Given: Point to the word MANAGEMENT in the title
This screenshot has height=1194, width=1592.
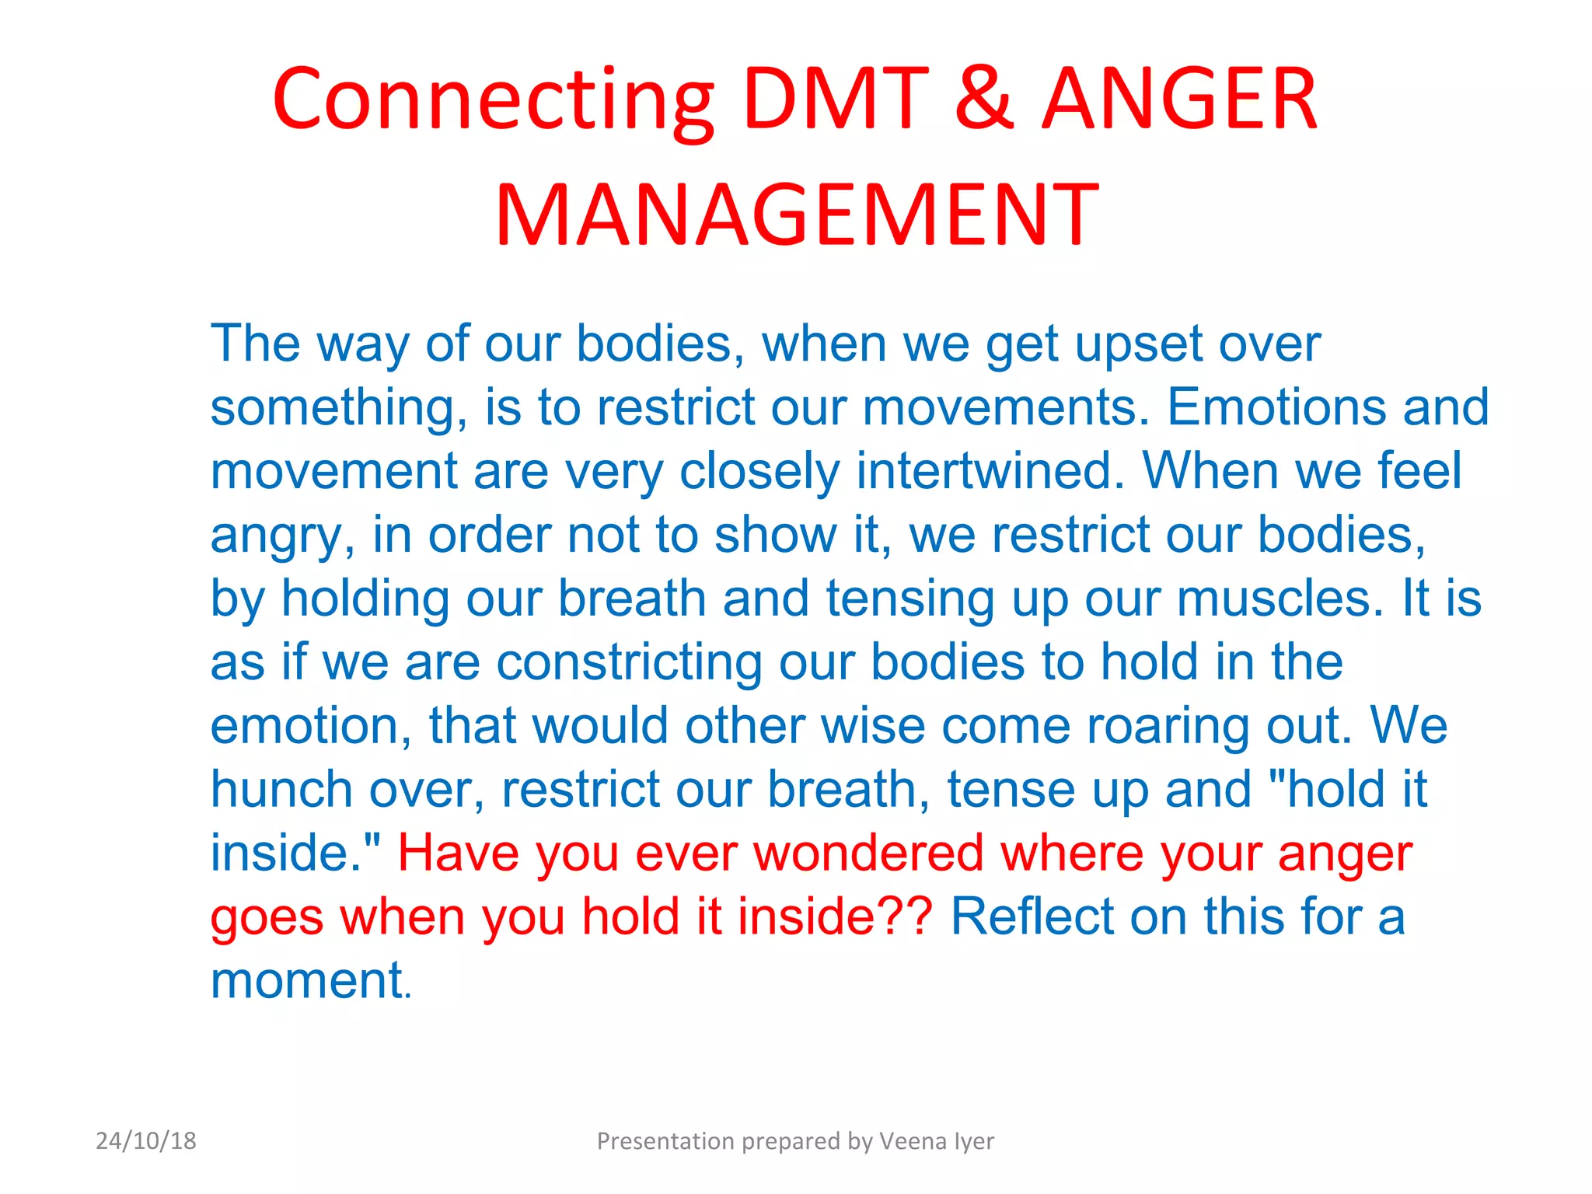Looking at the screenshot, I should [797, 215].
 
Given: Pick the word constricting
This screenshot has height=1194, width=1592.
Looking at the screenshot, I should [629, 662].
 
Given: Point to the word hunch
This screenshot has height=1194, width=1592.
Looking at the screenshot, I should [281, 789].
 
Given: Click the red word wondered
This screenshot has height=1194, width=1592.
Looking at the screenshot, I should [868, 853].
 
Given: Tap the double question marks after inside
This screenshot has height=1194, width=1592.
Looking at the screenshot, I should [908, 916].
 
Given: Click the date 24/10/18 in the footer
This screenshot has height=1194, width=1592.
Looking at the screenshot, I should [146, 1140].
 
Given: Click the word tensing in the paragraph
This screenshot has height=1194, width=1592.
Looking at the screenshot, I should [909, 598].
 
